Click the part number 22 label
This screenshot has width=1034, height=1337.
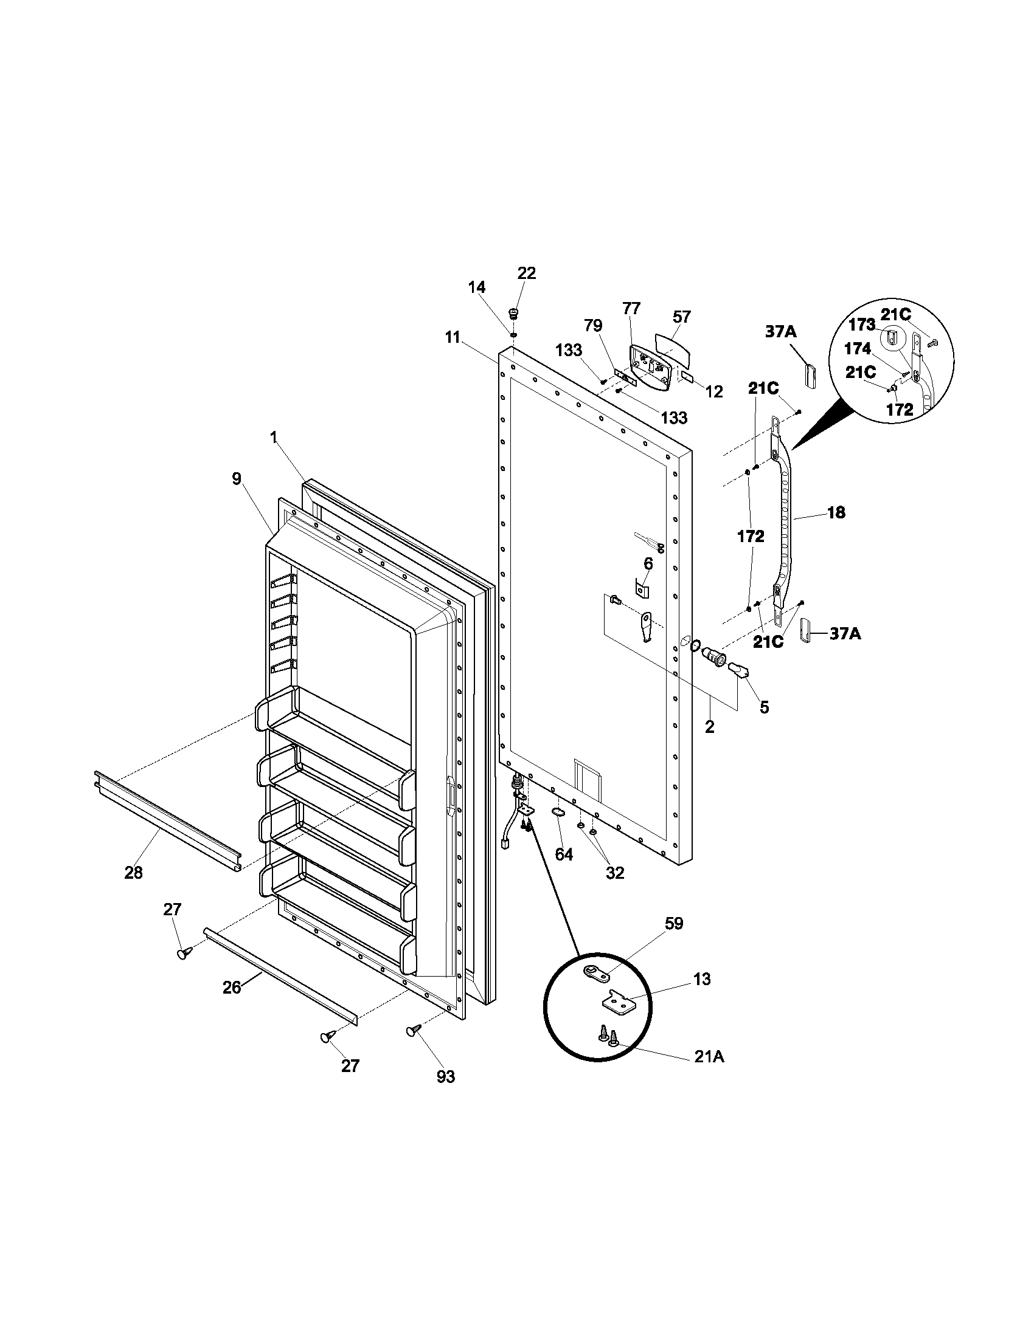526,273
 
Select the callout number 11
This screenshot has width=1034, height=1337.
452,337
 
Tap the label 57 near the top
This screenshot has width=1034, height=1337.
681,317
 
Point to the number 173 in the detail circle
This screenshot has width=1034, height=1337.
861,325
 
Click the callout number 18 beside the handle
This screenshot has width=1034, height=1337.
836,512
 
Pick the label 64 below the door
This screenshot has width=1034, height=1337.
564,854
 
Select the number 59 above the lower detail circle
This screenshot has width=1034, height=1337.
673,923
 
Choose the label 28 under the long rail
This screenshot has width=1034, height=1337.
133,873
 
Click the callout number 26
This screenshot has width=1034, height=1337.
232,988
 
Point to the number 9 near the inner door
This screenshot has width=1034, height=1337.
237,479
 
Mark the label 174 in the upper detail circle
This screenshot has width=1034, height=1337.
857,349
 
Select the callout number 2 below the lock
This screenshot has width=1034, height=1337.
709,727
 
